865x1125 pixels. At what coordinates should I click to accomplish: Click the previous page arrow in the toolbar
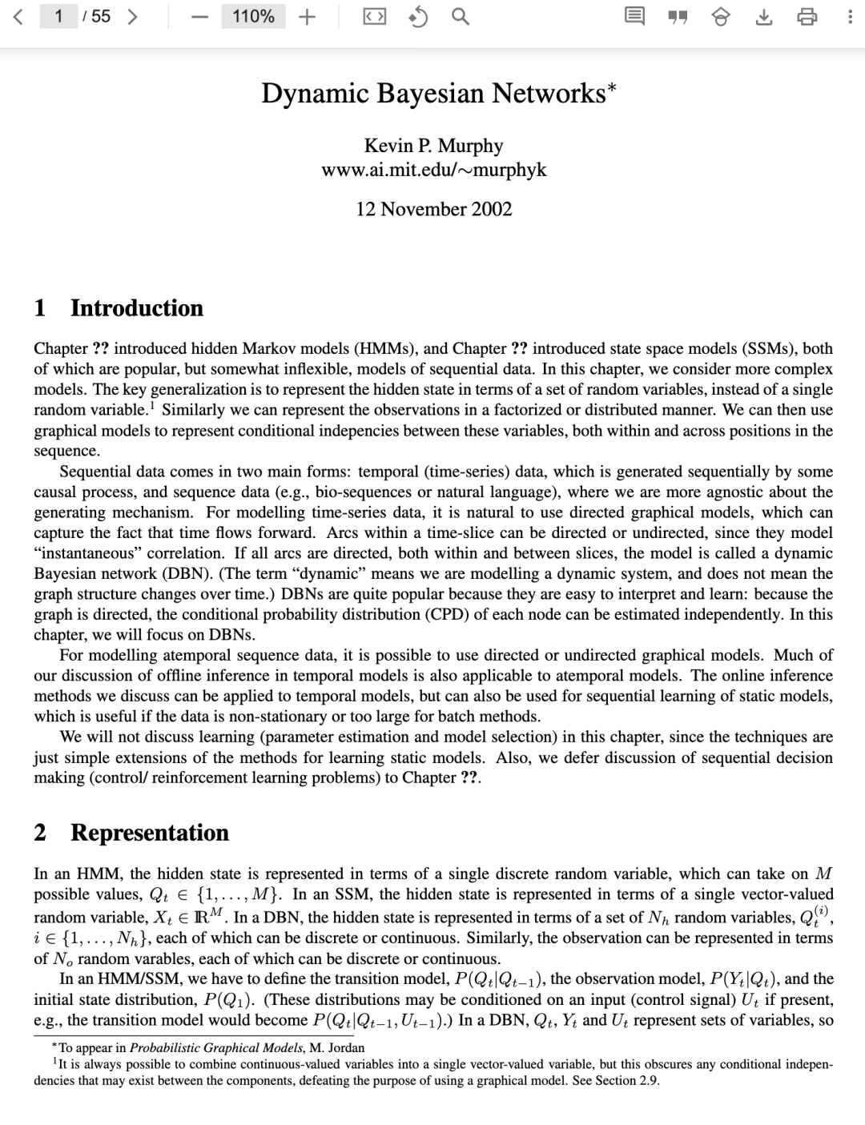(x=18, y=16)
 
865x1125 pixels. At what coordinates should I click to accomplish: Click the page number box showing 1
(x=59, y=16)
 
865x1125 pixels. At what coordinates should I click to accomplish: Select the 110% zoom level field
(x=253, y=16)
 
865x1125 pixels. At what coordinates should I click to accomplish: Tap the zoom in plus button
(x=307, y=16)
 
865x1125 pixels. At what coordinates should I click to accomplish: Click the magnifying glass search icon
(x=460, y=16)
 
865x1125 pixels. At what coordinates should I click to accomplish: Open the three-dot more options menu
(x=849, y=17)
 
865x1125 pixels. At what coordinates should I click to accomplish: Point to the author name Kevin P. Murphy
(x=433, y=146)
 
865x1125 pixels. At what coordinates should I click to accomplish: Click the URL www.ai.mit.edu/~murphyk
(x=433, y=170)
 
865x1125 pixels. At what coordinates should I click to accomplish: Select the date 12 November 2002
(x=433, y=209)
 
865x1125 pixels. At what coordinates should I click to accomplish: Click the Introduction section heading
(x=136, y=308)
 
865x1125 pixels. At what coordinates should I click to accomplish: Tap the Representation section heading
(x=149, y=833)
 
